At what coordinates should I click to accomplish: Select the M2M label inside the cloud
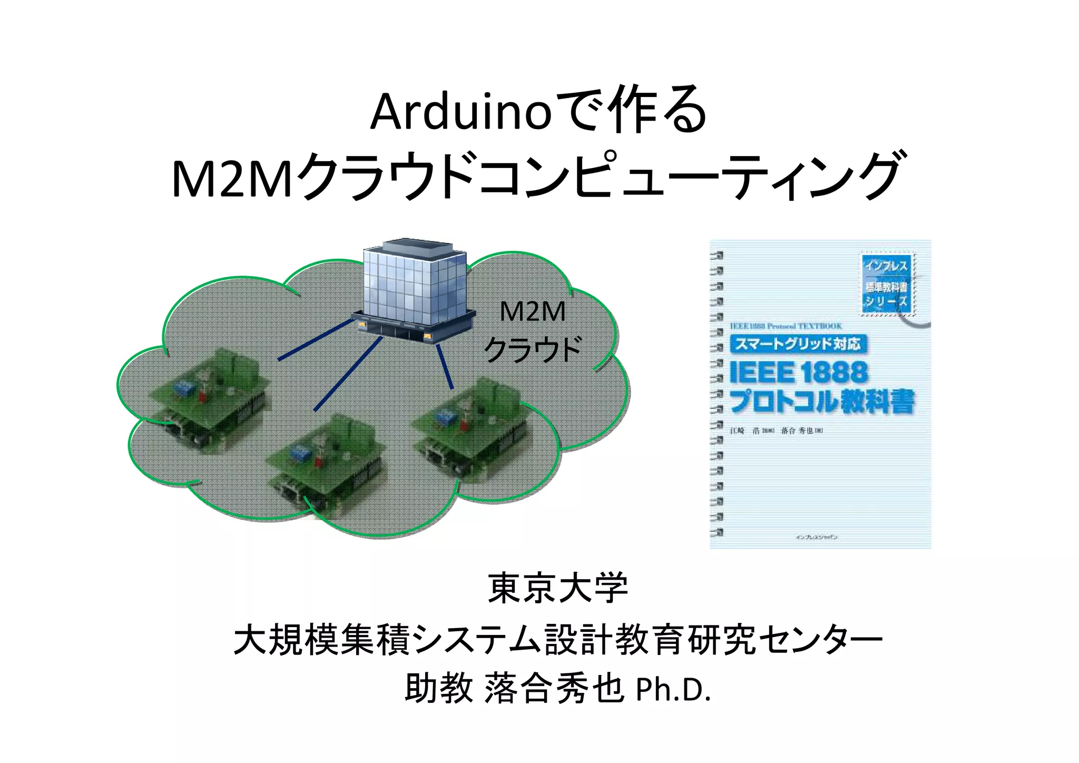click(x=532, y=311)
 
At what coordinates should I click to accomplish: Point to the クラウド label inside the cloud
click(x=532, y=349)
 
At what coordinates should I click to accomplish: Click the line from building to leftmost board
click(x=315, y=340)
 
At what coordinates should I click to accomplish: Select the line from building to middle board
click(x=348, y=374)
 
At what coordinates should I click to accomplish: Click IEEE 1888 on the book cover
click(x=798, y=373)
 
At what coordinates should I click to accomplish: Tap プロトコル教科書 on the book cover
click(x=821, y=402)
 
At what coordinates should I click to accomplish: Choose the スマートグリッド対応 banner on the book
click(x=798, y=345)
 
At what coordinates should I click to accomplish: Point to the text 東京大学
click(x=558, y=589)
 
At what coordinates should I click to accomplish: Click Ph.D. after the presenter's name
click(x=673, y=690)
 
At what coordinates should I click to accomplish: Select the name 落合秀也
click(x=554, y=690)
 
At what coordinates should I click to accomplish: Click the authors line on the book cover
click(x=776, y=431)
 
